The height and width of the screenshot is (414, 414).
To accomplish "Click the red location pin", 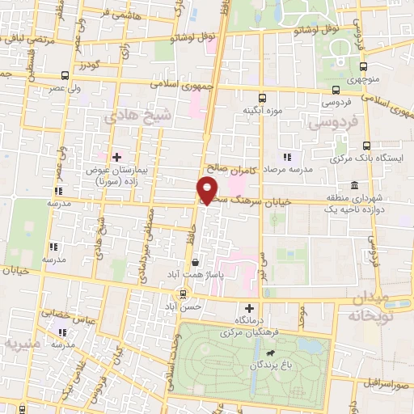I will [208, 190].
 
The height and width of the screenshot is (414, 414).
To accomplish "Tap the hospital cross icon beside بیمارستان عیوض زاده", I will [116, 156].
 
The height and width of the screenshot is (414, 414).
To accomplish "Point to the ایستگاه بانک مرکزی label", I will [373, 160].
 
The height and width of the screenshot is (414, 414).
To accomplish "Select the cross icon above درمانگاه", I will [250, 308].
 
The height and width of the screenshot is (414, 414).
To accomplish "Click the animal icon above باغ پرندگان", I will [268, 353].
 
